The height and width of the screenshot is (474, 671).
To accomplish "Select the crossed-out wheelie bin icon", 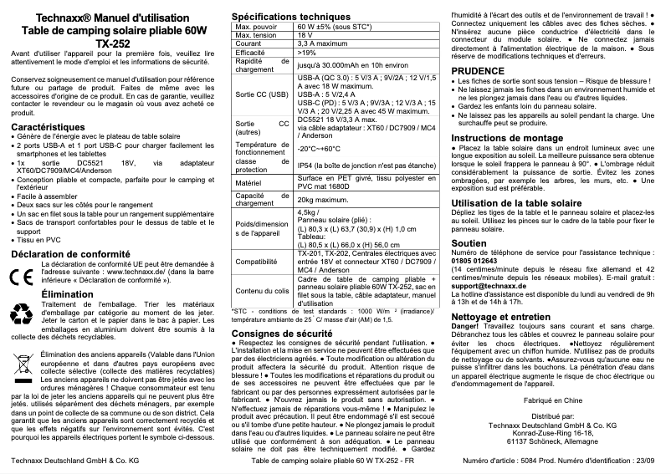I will pyautogui.click(x=23, y=366).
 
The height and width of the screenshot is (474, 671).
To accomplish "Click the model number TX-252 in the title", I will pyautogui.click(x=113, y=42).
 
